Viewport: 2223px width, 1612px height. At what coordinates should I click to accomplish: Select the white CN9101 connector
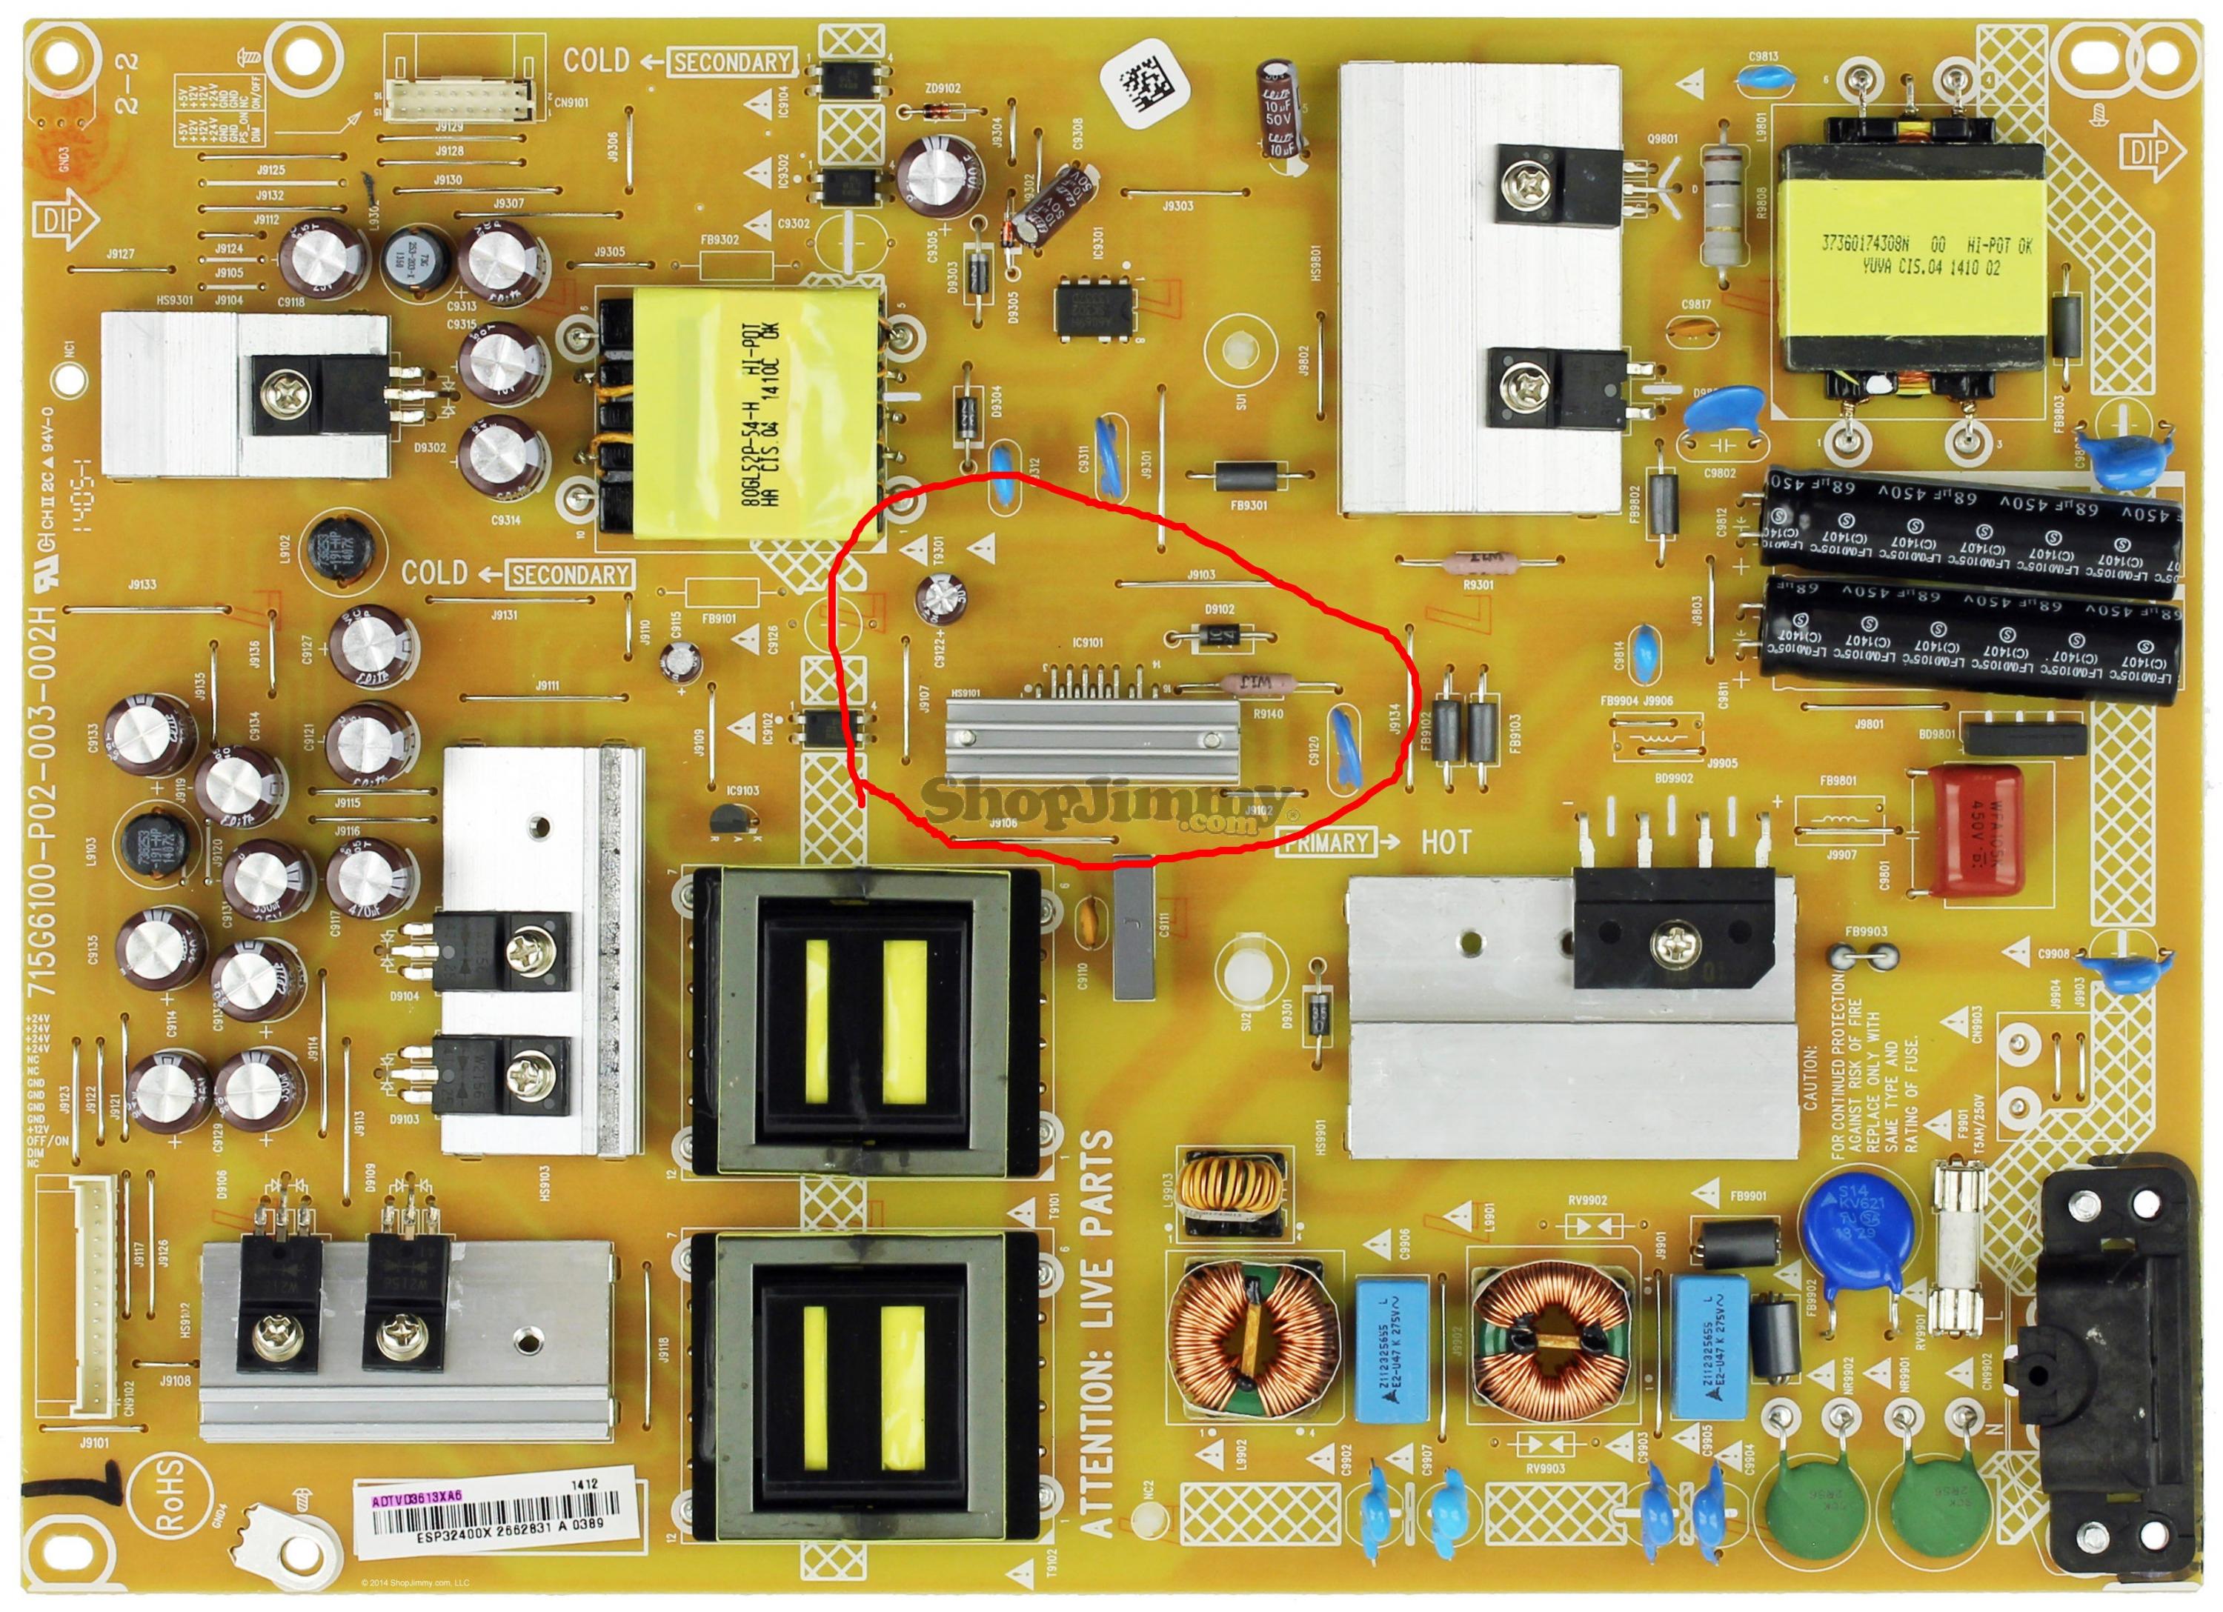pos(461,98)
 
